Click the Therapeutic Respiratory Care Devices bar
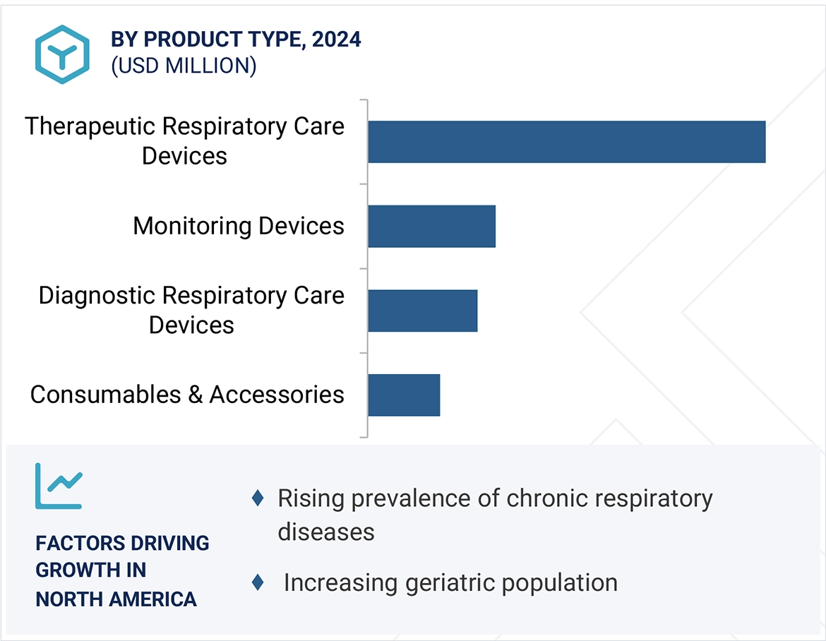pos(566,142)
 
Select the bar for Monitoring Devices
pos(431,227)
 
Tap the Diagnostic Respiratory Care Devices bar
pos(422,311)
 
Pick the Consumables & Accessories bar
pos(404,395)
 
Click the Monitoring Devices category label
pos(239,226)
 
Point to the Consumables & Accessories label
pos(187,394)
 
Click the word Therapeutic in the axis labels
pos(90,126)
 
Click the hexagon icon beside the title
pos(62,54)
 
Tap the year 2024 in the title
pos(336,40)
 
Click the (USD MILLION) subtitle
pos(184,66)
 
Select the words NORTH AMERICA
pos(116,599)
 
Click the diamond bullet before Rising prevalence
pos(258,498)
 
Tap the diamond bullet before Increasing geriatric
pos(258,582)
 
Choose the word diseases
pos(325,531)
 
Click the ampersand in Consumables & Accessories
pos(195,395)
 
